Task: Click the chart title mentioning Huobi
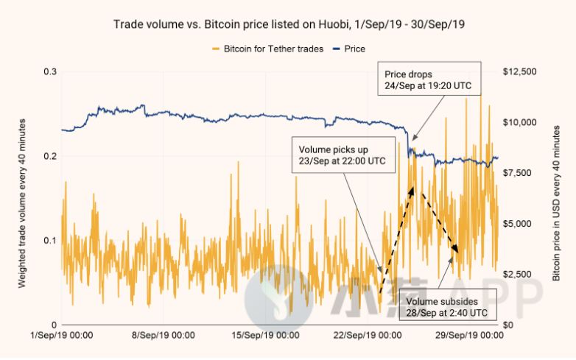[289, 24]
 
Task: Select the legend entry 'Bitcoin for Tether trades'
[268, 49]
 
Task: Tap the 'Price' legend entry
[349, 49]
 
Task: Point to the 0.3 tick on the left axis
[50, 71]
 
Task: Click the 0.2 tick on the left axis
[50, 156]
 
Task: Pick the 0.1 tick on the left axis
[50, 240]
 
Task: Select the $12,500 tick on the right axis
[520, 71]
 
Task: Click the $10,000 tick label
[520, 122]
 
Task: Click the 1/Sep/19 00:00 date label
[62, 335]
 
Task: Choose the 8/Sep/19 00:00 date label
[164, 335]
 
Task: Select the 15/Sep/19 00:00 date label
[265, 335]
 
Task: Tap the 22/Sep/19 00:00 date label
[368, 335]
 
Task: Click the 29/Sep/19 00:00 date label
[469, 335]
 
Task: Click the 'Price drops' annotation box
[429, 79]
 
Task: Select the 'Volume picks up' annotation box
[343, 155]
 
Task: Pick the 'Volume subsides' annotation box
[448, 305]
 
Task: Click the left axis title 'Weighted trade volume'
[22, 203]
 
